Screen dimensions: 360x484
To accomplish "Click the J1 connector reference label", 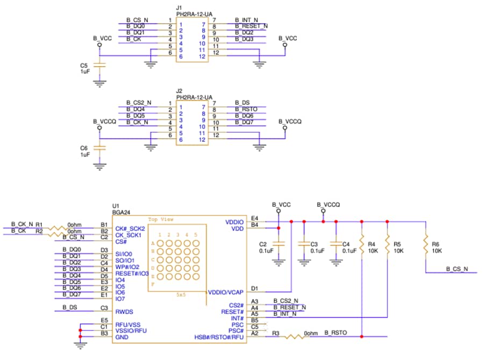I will (x=179, y=8).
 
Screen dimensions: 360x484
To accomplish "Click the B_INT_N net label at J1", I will (x=246, y=20).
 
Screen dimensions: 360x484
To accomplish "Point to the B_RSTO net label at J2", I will (x=246, y=109).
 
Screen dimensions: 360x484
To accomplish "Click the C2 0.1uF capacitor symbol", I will (x=278, y=244).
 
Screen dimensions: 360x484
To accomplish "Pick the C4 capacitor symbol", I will (x=337, y=244).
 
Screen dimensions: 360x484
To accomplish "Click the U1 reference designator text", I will (x=115, y=206).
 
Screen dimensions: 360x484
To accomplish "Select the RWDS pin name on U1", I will (x=124, y=311).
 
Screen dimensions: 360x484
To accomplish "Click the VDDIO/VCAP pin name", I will (x=225, y=292).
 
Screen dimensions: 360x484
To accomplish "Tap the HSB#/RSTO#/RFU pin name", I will (x=219, y=337).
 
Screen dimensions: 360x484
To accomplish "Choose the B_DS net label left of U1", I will (x=69, y=307).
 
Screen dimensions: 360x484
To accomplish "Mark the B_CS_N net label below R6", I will (x=457, y=269).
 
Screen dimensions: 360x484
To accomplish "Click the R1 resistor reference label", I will (x=38, y=225).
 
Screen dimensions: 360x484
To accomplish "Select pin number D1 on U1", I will (x=254, y=289).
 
